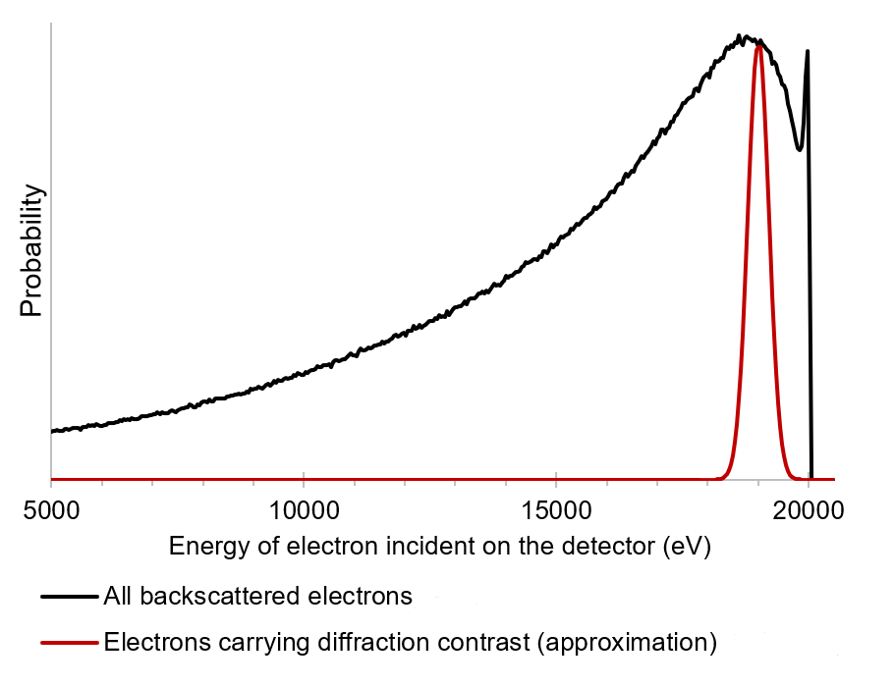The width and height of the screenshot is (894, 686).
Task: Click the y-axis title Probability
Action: (32, 251)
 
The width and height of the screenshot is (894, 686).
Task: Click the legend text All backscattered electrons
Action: (256, 595)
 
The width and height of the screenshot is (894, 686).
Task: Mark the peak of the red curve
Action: (758, 44)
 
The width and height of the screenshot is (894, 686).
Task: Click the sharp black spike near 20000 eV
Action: (808, 52)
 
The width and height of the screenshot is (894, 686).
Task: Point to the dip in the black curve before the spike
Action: (799, 149)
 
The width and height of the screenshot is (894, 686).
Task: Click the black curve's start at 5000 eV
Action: (52, 431)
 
